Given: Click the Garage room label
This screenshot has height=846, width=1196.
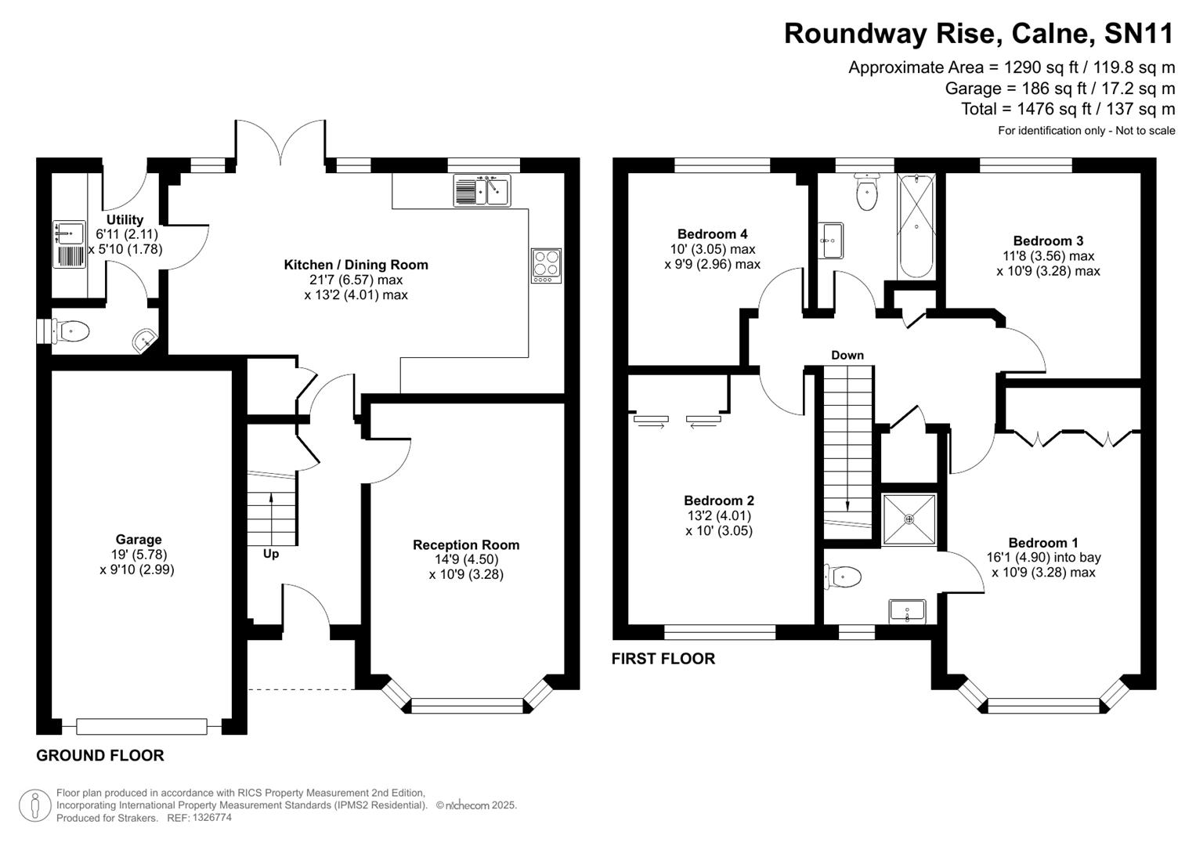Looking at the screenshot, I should point(139,540).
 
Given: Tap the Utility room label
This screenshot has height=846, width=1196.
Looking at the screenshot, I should point(125,220).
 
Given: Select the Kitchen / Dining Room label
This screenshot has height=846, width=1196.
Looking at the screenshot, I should point(356,265).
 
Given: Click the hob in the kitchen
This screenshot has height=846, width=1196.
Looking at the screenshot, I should point(546,266).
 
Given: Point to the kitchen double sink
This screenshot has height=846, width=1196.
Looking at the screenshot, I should point(482,190).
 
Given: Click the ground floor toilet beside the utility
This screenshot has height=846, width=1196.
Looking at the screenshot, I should point(71,331).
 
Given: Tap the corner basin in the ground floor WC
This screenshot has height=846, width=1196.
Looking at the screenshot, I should point(144,341).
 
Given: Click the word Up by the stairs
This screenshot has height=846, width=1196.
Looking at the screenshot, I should point(271,554).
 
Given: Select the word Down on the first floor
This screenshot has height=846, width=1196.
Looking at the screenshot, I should point(847,356).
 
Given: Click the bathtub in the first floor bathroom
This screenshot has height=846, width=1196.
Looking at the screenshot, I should point(916,226).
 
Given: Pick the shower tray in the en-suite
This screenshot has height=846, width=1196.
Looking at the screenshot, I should point(909,519).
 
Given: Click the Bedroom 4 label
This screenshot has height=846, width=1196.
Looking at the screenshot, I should point(712,234).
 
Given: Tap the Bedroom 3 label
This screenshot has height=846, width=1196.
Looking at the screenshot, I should point(1048,241).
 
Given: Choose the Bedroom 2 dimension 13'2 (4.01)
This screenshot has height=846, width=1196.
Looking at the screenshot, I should point(718,515).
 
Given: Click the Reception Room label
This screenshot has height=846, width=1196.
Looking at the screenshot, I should point(466,545).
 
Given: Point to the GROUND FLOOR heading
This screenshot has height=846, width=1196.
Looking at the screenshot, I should point(100,756).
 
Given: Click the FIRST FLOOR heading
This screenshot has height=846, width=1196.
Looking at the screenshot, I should point(663,659).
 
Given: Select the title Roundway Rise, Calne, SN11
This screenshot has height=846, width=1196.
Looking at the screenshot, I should point(979,34).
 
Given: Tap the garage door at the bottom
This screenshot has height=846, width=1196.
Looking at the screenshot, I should point(142,726).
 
